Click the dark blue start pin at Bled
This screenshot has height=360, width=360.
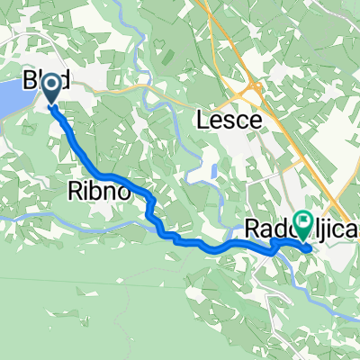[x=51, y=87]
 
